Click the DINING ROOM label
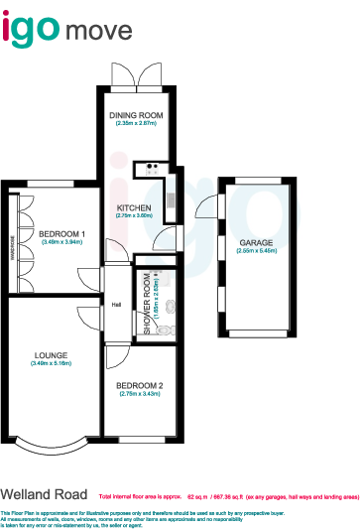[x=136, y=115]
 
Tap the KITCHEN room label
[x=134, y=206]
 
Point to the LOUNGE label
[x=50, y=354]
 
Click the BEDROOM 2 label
[x=139, y=385]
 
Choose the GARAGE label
[x=256, y=243]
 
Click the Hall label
[x=116, y=305]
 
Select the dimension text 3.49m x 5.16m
[x=50, y=363]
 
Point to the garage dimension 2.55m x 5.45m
[x=256, y=251]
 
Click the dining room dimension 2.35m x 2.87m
[x=136, y=123]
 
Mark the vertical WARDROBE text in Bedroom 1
[x=13, y=243]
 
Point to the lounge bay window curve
[x=50, y=435]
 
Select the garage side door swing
[x=207, y=207]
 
